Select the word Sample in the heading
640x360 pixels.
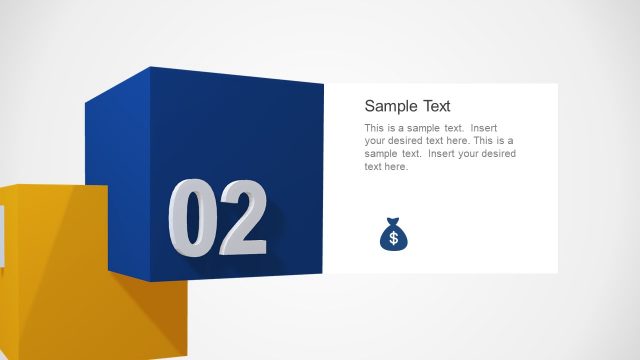click(x=386, y=106)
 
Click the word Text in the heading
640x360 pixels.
click(x=432, y=106)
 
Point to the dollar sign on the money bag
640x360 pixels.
click(x=393, y=238)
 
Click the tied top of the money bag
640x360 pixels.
click(x=393, y=221)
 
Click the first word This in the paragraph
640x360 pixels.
click(x=374, y=129)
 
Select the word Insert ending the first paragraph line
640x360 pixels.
click(x=484, y=129)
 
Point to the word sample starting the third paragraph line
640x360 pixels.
click(x=382, y=154)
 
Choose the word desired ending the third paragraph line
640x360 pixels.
click(x=498, y=154)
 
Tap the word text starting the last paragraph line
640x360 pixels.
click(x=372, y=167)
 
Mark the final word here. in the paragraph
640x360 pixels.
click(x=396, y=167)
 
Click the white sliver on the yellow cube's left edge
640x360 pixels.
click(x=2, y=235)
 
